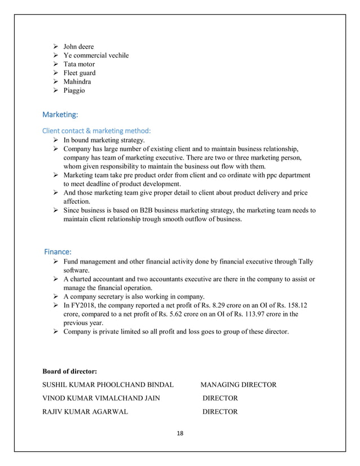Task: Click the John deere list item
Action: click(x=78, y=46)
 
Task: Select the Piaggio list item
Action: click(x=74, y=90)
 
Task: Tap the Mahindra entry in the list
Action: click(x=77, y=82)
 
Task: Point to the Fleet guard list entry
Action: click(x=80, y=73)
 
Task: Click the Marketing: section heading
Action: click(x=60, y=115)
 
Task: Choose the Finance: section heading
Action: click(x=58, y=251)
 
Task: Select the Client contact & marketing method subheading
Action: click(x=96, y=131)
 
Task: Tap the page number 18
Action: click(x=180, y=433)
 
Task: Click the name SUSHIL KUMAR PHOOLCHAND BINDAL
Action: click(x=108, y=385)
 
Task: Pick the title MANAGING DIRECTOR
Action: click(x=238, y=385)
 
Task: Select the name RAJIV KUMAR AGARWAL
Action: click(x=85, y=412)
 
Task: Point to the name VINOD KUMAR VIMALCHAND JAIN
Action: click(x=101, y=398)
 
